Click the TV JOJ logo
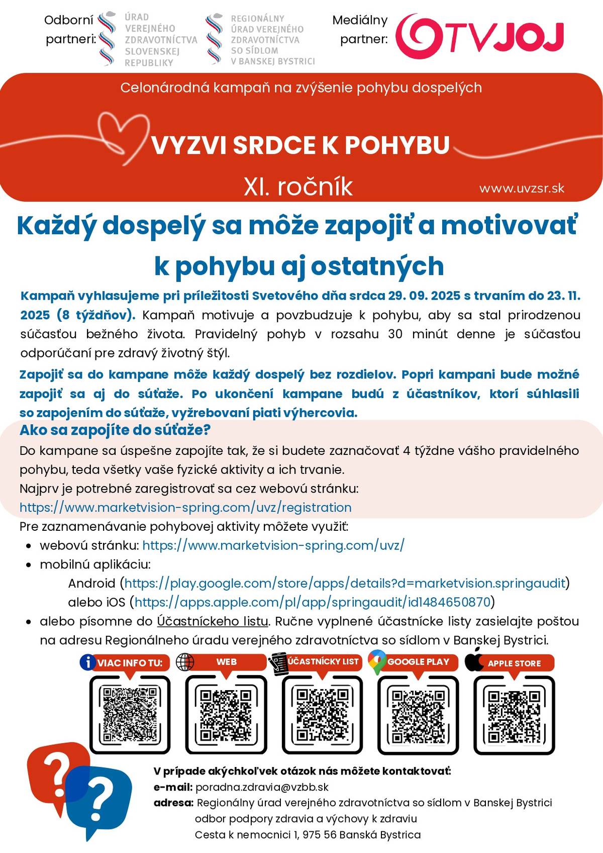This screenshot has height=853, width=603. pyautogui.click(x=479, y=34)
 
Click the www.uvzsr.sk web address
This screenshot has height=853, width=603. pyautogui.click(x=522, y=188)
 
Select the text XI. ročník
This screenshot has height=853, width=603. pyautogui.click(x=298, y=186)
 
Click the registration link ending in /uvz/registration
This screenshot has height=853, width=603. pyautogui.click(x=185, y=507)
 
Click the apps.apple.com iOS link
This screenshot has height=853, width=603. pyautogui.click(x=312, y=602)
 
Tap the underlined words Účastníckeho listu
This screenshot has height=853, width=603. pyautogui.click(x=213, y=621)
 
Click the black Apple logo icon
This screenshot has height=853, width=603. pyautogui.click(x=474, y=660)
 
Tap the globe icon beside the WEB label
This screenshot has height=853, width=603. pyautogui.click(x=185, y=661)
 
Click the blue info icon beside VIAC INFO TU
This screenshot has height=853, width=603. pyautogui.click(x=87, y=662)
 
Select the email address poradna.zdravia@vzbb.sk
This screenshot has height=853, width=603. pyautogui.click(x=262, y=787)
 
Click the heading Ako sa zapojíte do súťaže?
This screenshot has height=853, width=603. pyautogui.click(x=115, y=430)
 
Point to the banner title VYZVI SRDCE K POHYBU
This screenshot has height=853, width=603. pyautogui.click(x=300, y=145)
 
